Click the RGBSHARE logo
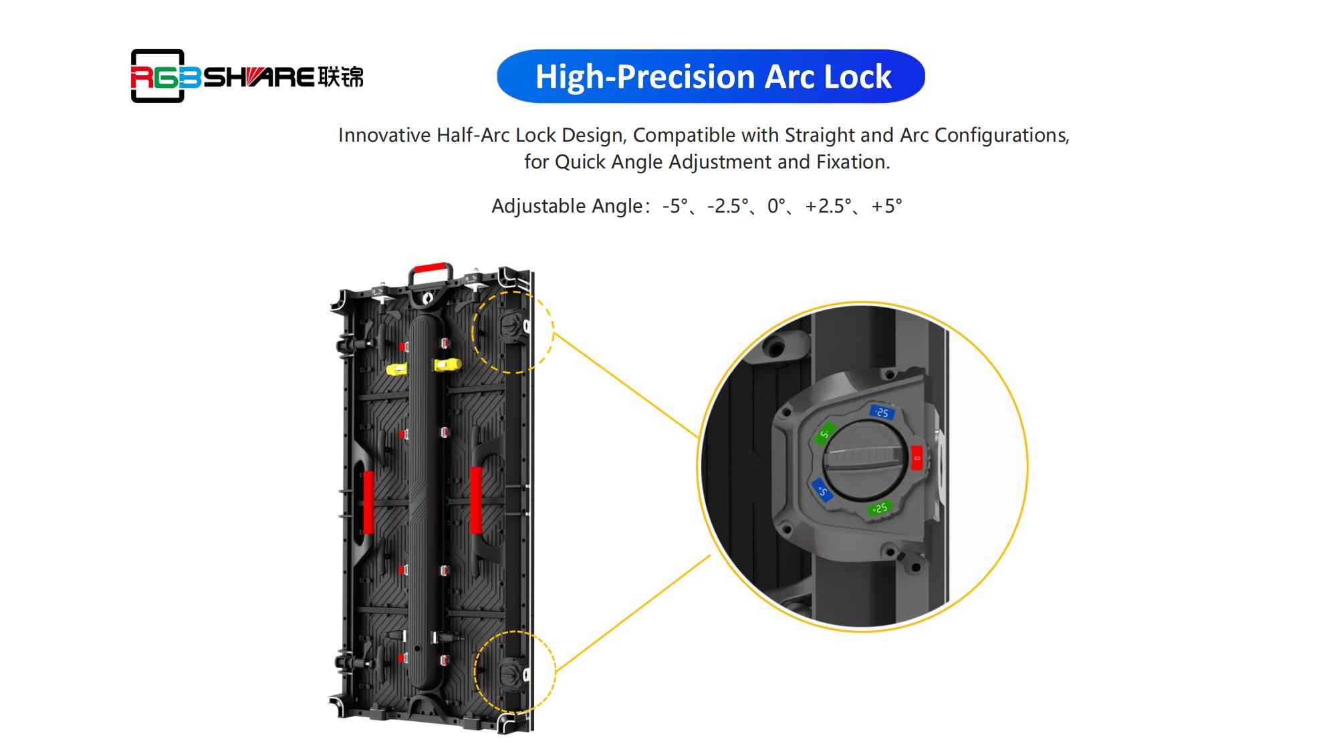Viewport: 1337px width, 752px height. [247, 76]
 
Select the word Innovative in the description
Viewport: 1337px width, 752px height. [384, 135]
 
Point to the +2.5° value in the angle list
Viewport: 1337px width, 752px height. [828, 206]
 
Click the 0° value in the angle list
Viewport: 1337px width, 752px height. [776, 206]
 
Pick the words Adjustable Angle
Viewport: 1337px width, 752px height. [567, 206]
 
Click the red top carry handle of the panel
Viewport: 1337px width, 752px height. [428, 269]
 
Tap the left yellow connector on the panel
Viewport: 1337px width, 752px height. [398, 369]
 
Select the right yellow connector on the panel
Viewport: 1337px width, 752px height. [447, 365]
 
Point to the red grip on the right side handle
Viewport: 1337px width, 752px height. [476, 500]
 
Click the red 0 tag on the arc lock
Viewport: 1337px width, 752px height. [917, 458]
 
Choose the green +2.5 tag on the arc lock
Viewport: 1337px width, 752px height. [879, 509]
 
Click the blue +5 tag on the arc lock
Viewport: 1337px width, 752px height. [822, 490]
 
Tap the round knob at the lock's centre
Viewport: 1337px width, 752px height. [864, 461]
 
